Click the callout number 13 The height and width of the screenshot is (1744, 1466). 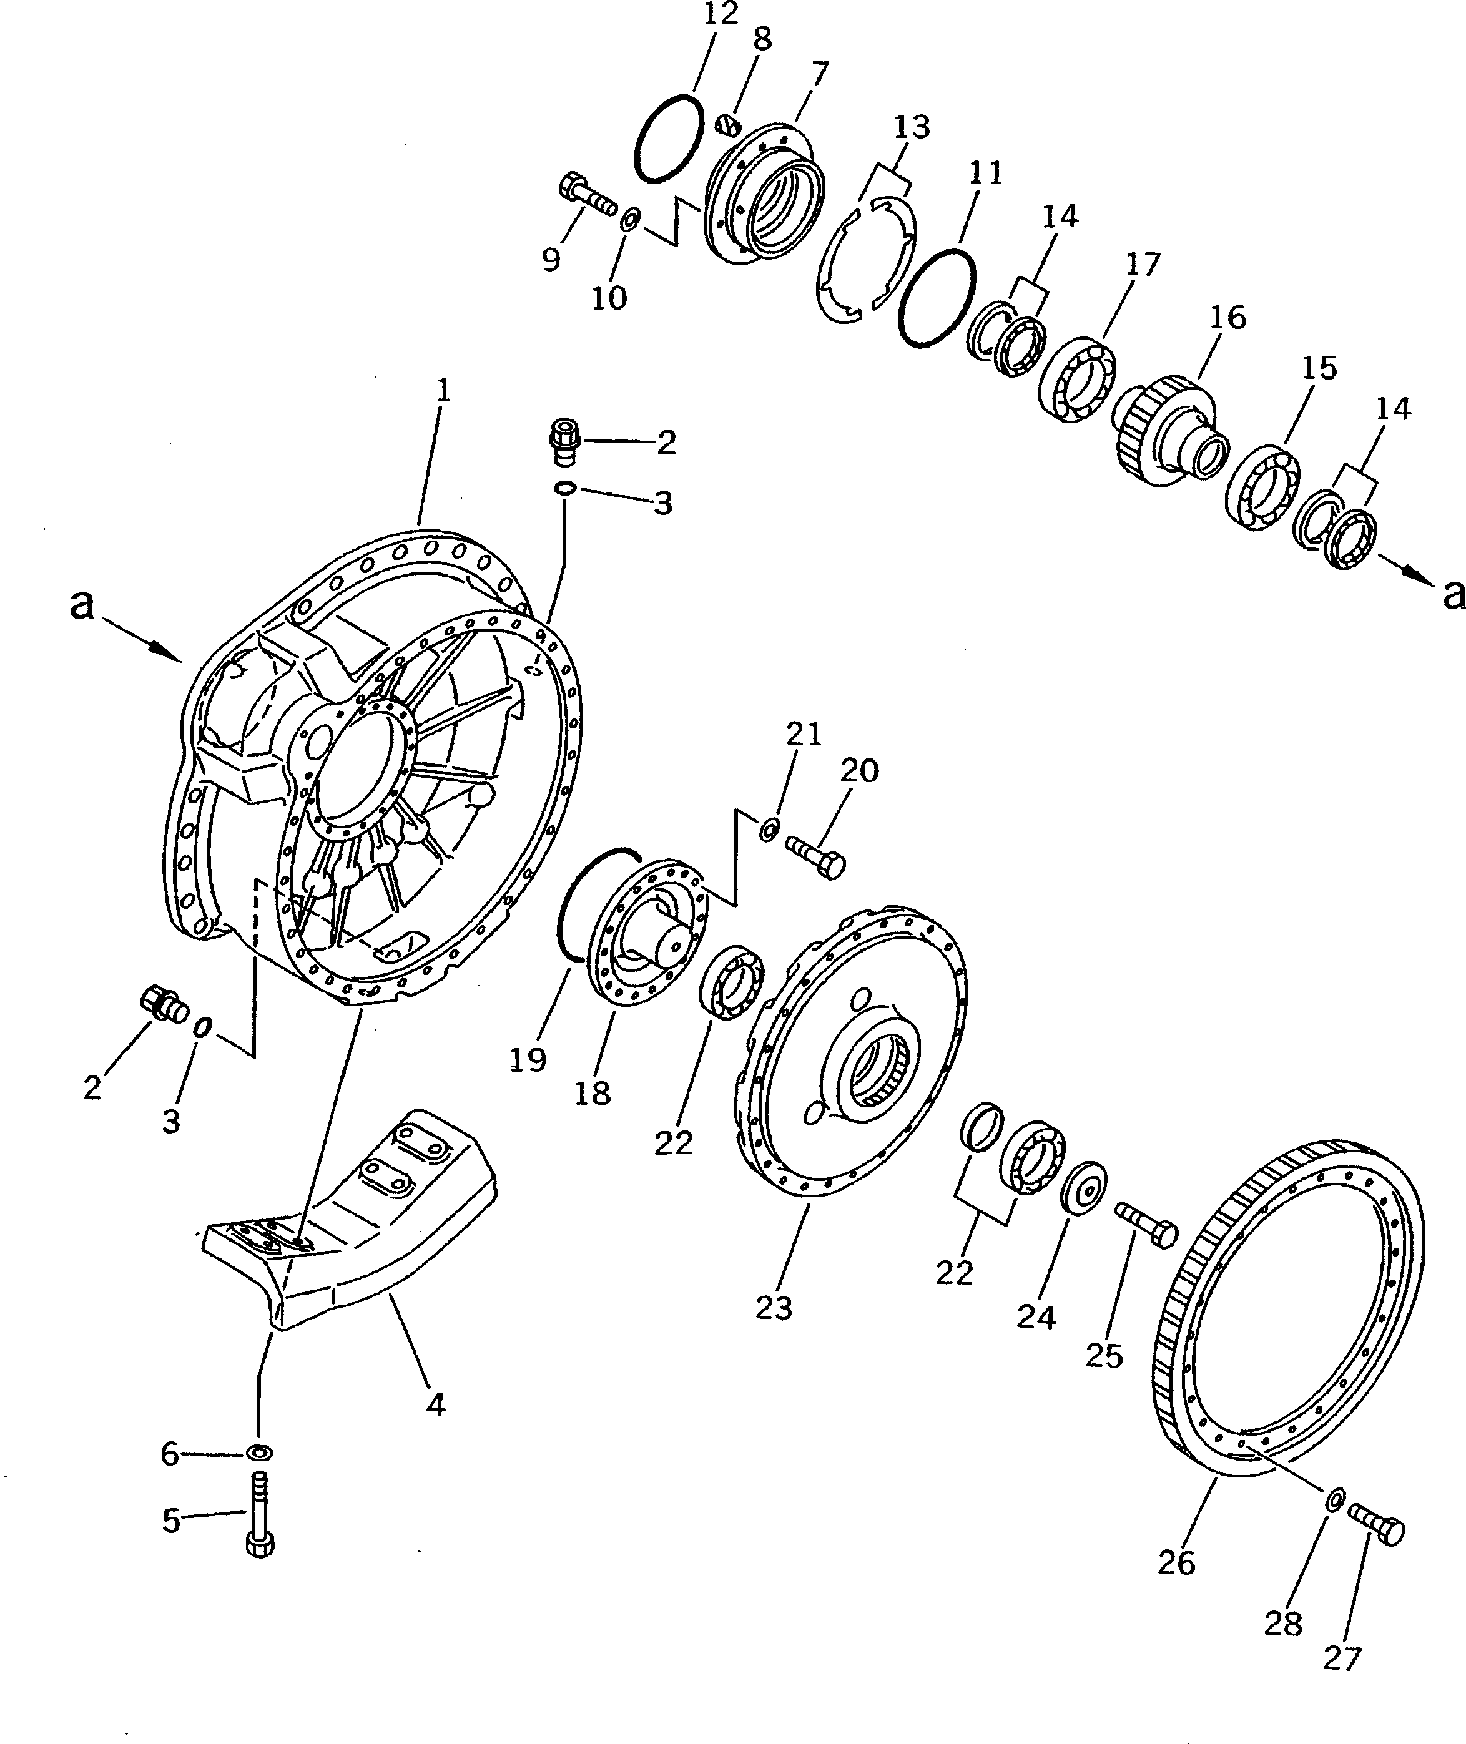(912, 128)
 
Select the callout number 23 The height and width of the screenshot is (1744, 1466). (774, 1308)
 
